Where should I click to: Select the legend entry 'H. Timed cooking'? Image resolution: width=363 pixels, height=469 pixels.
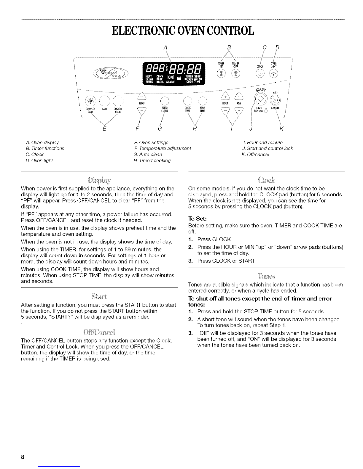152,160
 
